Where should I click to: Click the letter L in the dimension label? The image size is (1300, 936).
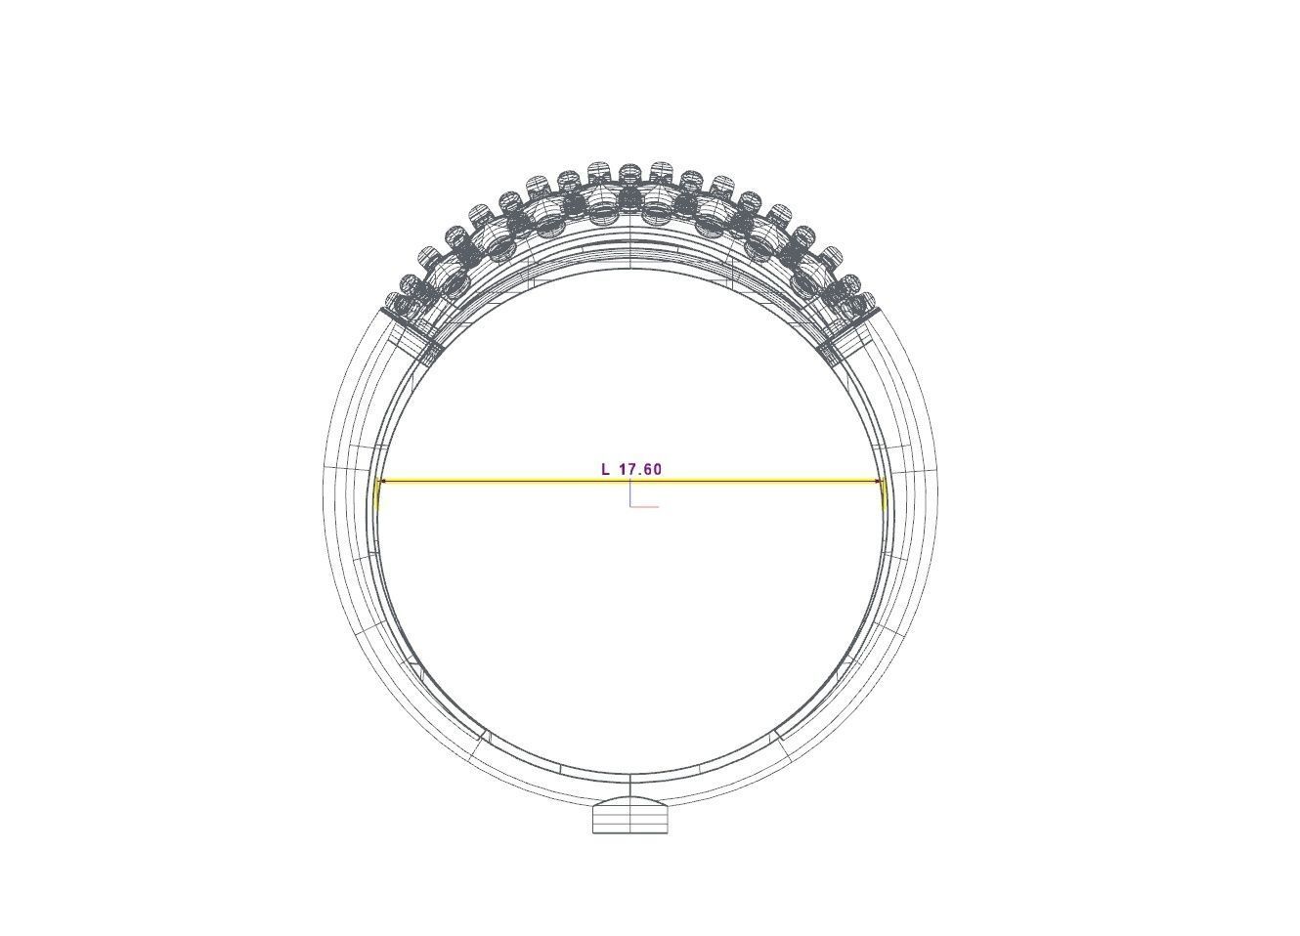tap(606, 469)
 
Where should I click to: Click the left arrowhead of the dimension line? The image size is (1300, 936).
tap(383, 481)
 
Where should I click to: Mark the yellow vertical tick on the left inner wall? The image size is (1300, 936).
tap(377, 495)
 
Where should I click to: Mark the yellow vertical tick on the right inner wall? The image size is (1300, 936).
tap(884, 495)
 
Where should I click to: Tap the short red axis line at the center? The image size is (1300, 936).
tap(645, 506)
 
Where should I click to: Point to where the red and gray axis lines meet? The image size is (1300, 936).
tap(630, 506)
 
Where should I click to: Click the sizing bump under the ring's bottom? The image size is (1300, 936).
tap(630, 816)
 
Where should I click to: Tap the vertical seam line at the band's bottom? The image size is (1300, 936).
tap(630, 787)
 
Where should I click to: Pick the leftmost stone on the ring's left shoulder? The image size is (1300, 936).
tap(396, 303)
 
